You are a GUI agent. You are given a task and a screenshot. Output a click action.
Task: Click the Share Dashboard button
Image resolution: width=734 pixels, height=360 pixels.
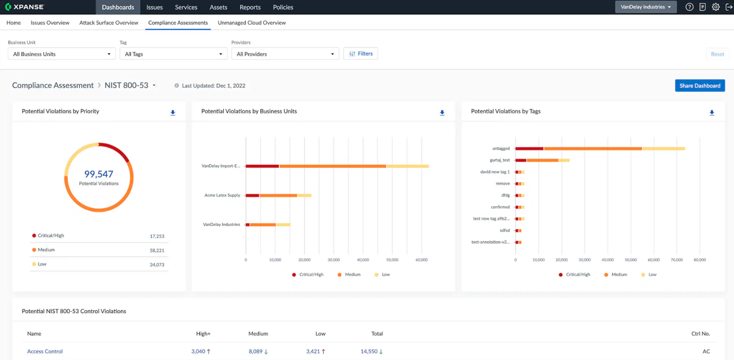pos(699,86)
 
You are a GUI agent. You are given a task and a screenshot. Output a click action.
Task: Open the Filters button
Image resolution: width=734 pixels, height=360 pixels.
pos(360,54)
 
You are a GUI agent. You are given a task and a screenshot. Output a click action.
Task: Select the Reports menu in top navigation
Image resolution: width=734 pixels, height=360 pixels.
pos(250,7)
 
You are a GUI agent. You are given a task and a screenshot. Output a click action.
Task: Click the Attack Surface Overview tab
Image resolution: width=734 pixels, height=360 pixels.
pos(109,23)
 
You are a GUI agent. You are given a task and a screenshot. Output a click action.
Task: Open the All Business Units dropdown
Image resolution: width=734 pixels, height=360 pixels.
pos(62,54)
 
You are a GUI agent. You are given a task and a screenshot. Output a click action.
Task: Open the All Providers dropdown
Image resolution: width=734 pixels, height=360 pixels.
pos(285,54)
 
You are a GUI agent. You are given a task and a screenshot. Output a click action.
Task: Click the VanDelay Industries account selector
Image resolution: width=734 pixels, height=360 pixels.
pos(645,7)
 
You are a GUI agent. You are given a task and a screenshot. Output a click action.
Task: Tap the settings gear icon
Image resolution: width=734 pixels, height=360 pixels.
pos(716,7)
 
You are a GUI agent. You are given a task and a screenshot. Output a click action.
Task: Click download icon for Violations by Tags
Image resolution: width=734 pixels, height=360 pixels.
pos(711,113)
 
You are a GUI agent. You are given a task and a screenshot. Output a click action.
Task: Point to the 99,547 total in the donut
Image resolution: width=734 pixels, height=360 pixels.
pos(99,174)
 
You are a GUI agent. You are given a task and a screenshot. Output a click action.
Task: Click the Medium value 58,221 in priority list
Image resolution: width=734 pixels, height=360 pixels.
pos(157,250)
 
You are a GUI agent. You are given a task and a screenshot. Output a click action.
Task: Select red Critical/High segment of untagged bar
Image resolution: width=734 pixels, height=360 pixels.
pos(529,148)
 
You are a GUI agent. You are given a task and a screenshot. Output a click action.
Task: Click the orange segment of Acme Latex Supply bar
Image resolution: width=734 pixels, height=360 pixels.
pos(278,195)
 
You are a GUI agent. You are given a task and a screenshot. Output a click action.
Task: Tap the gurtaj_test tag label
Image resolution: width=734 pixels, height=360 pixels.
pos(499,160)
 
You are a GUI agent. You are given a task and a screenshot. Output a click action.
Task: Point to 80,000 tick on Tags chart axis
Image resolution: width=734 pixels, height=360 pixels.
pos(699,260)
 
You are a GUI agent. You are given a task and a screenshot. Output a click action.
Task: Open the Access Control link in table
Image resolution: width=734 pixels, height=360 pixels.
pos(45,351)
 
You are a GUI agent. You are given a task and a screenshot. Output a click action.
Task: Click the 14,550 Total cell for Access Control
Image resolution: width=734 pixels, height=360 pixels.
pos(369,351)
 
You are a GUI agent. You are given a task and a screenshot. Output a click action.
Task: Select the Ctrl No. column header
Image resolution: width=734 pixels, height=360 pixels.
pos(700,334)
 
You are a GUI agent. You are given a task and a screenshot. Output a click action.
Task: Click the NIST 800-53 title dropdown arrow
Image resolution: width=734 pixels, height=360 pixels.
pos(154,86)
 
